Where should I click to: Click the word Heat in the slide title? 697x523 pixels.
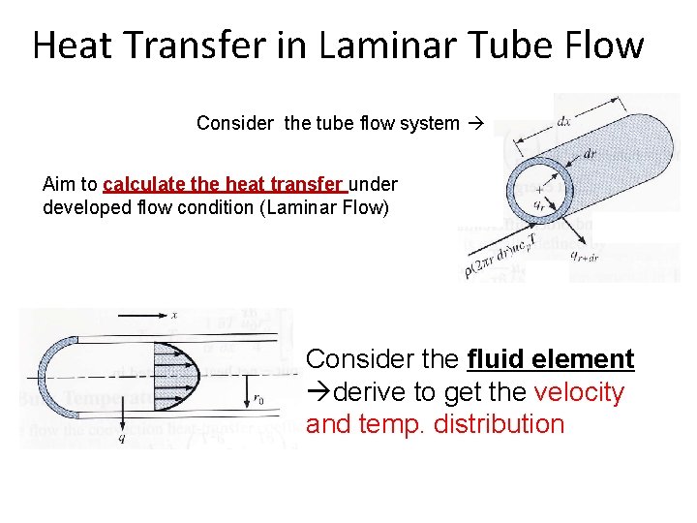tap(75, 46)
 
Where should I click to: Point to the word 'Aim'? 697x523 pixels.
tap(58, 184)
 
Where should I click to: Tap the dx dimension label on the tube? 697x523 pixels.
tap(562, 122)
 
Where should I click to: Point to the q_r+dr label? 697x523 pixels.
tap(584, 256)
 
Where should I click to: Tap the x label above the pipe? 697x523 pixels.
tap(173, 316)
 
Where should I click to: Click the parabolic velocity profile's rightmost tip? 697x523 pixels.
tap(199, 372)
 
